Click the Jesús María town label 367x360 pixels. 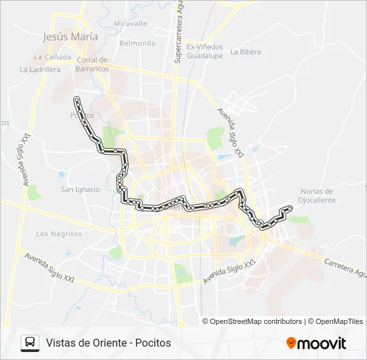[70, 37]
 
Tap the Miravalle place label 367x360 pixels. [130, 23]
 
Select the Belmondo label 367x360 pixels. [137, 43]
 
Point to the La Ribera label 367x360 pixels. [246, 51]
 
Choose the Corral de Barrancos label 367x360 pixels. [92, 64]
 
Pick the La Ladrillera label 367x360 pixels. [40, 69]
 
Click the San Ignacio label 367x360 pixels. [80, 189]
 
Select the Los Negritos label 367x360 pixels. [59, 234]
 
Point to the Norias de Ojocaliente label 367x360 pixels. [316, 195]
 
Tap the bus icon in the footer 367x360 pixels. [30, 343]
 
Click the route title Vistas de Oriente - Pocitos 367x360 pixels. [109, 343]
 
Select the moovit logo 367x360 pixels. [316, 343]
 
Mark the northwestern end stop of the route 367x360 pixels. [77, 100]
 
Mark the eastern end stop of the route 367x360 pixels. [290, 209]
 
